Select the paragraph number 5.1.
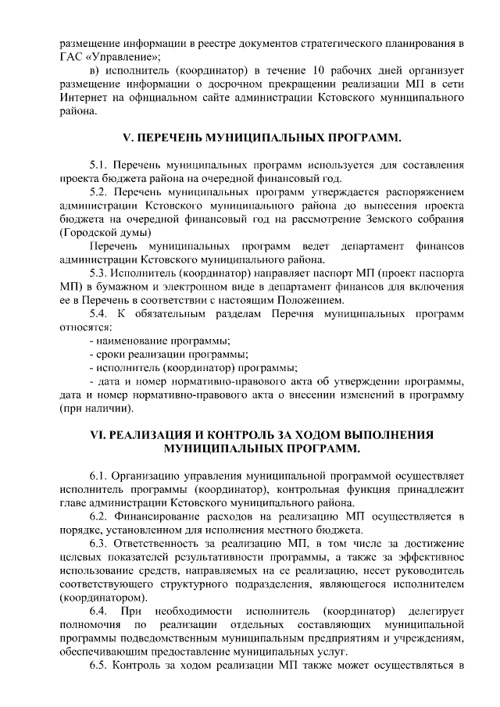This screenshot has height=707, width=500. point(98,166)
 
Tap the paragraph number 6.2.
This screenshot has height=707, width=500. point(98,516)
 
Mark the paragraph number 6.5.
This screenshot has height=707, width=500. point(98,665)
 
